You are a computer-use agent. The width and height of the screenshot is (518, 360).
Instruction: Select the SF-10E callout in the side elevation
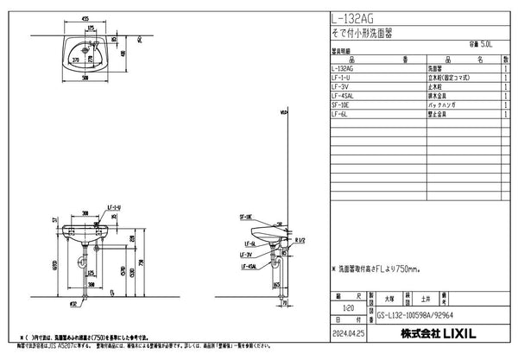[x=245, y=218]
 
